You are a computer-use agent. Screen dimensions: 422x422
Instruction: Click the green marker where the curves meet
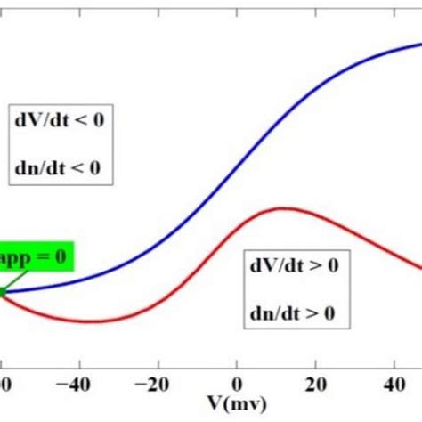(x=3, y=290)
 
